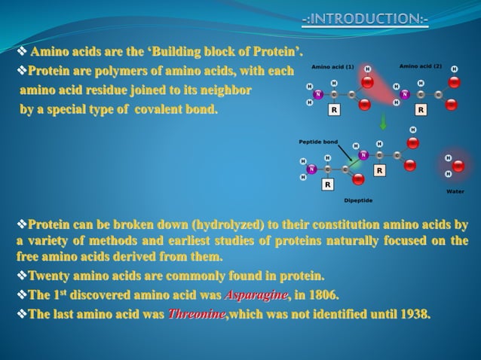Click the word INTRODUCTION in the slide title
tap(366, 17)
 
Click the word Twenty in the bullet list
tap(50, 276)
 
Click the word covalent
tap(180, 110)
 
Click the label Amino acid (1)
tap(332, 66)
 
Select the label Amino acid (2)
tap(421, 66)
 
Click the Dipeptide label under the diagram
tap(359, 201)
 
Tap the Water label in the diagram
tap(455, 192)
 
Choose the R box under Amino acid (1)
tap(333, 110)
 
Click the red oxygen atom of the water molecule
tap(458, 166)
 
